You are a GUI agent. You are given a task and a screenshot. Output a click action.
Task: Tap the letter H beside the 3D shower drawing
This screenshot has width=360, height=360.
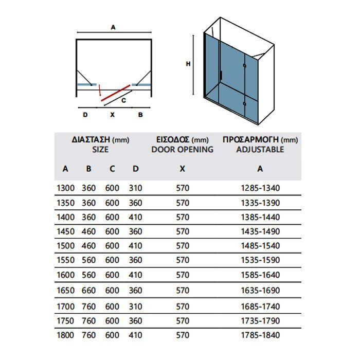coord(188,64)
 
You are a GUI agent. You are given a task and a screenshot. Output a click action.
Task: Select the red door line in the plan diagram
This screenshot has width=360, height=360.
coord(114,93)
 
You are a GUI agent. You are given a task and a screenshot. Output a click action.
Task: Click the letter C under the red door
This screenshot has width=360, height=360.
coord(123,101)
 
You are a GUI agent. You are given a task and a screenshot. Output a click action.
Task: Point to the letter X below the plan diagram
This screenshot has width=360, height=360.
coord(112,115)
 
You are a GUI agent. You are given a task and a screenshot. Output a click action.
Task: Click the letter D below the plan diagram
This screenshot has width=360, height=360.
coord(85,115)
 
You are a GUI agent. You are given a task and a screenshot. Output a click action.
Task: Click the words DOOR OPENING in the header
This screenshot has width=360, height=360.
coord(183,150)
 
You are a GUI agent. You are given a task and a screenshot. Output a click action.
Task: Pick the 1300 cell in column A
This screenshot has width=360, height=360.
coord(65,188)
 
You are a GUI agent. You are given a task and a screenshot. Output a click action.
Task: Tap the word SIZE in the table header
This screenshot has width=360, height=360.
coord(100,150)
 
